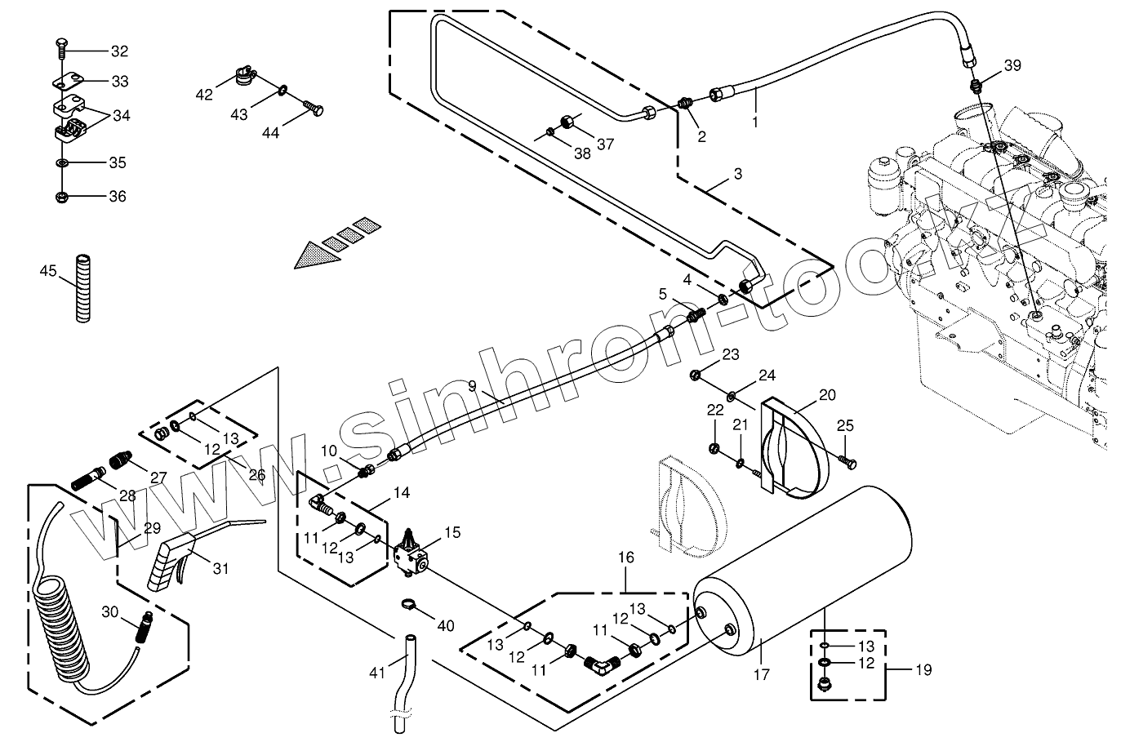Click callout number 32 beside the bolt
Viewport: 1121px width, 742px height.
coord(118,51)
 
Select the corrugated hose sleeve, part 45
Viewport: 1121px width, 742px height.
coord(82,288)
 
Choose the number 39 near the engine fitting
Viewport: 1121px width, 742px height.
coord(1012,66)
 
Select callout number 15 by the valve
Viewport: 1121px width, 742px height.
coord(452,533)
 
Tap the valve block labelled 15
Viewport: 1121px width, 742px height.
coord(411,555)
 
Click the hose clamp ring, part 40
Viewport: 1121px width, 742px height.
coord(411,606)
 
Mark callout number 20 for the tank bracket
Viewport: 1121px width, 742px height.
coord(827,395)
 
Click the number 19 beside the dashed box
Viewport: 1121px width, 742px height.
coord(923,670)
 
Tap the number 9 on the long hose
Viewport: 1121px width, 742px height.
coord(471,385)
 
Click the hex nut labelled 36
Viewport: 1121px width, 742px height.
coord(63,197)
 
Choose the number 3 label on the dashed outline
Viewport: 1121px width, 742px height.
coord(737,174)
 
